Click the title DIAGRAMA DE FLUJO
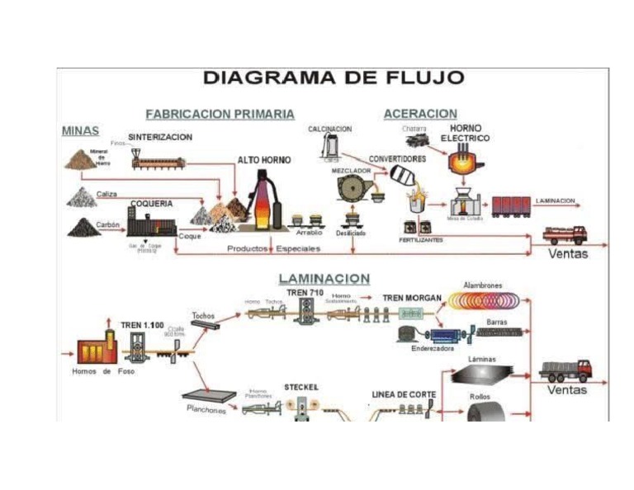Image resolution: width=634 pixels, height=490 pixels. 333,79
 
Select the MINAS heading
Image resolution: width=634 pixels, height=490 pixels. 80,131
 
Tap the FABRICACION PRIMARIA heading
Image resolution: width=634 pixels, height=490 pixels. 220,114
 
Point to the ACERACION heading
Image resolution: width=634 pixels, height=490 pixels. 420,114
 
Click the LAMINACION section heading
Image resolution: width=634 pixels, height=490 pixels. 324,280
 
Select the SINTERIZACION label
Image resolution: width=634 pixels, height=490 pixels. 160,137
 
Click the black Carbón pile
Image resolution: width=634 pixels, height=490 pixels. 83,227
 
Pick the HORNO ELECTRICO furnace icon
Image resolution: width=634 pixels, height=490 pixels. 466,161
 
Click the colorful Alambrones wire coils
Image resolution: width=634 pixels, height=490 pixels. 483,301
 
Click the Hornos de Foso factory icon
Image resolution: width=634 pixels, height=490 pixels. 95,350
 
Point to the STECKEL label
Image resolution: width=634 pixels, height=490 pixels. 300,386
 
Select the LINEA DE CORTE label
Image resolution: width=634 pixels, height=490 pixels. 403,394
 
